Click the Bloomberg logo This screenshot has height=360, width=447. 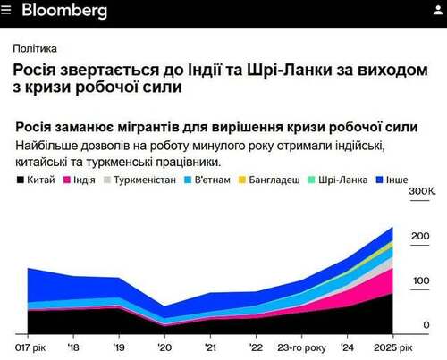pos(64,12)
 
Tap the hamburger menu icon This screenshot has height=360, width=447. pos(7,12)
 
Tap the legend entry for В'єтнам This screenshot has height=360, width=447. pos(213,180)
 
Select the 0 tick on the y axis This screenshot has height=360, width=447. pos(426,325)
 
